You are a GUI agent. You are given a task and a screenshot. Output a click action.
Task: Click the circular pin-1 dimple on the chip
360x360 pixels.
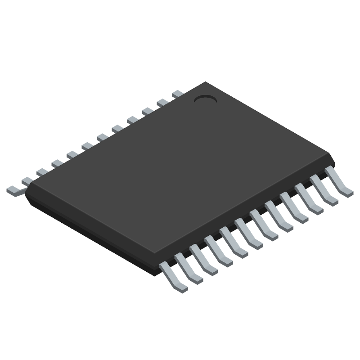coord(205,100)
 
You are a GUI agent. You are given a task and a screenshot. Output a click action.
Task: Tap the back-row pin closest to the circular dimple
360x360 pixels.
coord(178,94)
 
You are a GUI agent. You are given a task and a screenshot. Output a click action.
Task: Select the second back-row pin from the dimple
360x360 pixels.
coord(163,103)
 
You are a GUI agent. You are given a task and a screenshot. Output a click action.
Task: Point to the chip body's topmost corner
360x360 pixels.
coord(205,82)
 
